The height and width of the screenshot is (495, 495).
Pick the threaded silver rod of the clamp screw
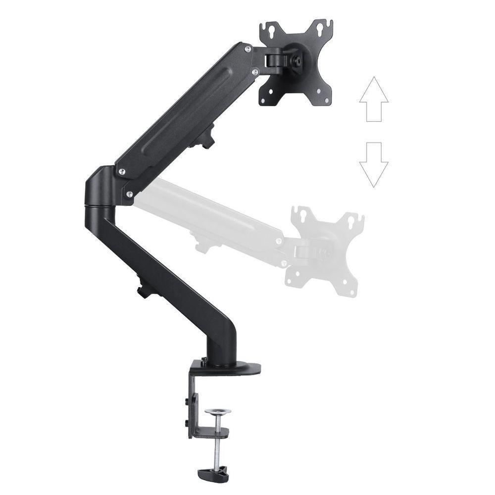[x=216, y=443]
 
